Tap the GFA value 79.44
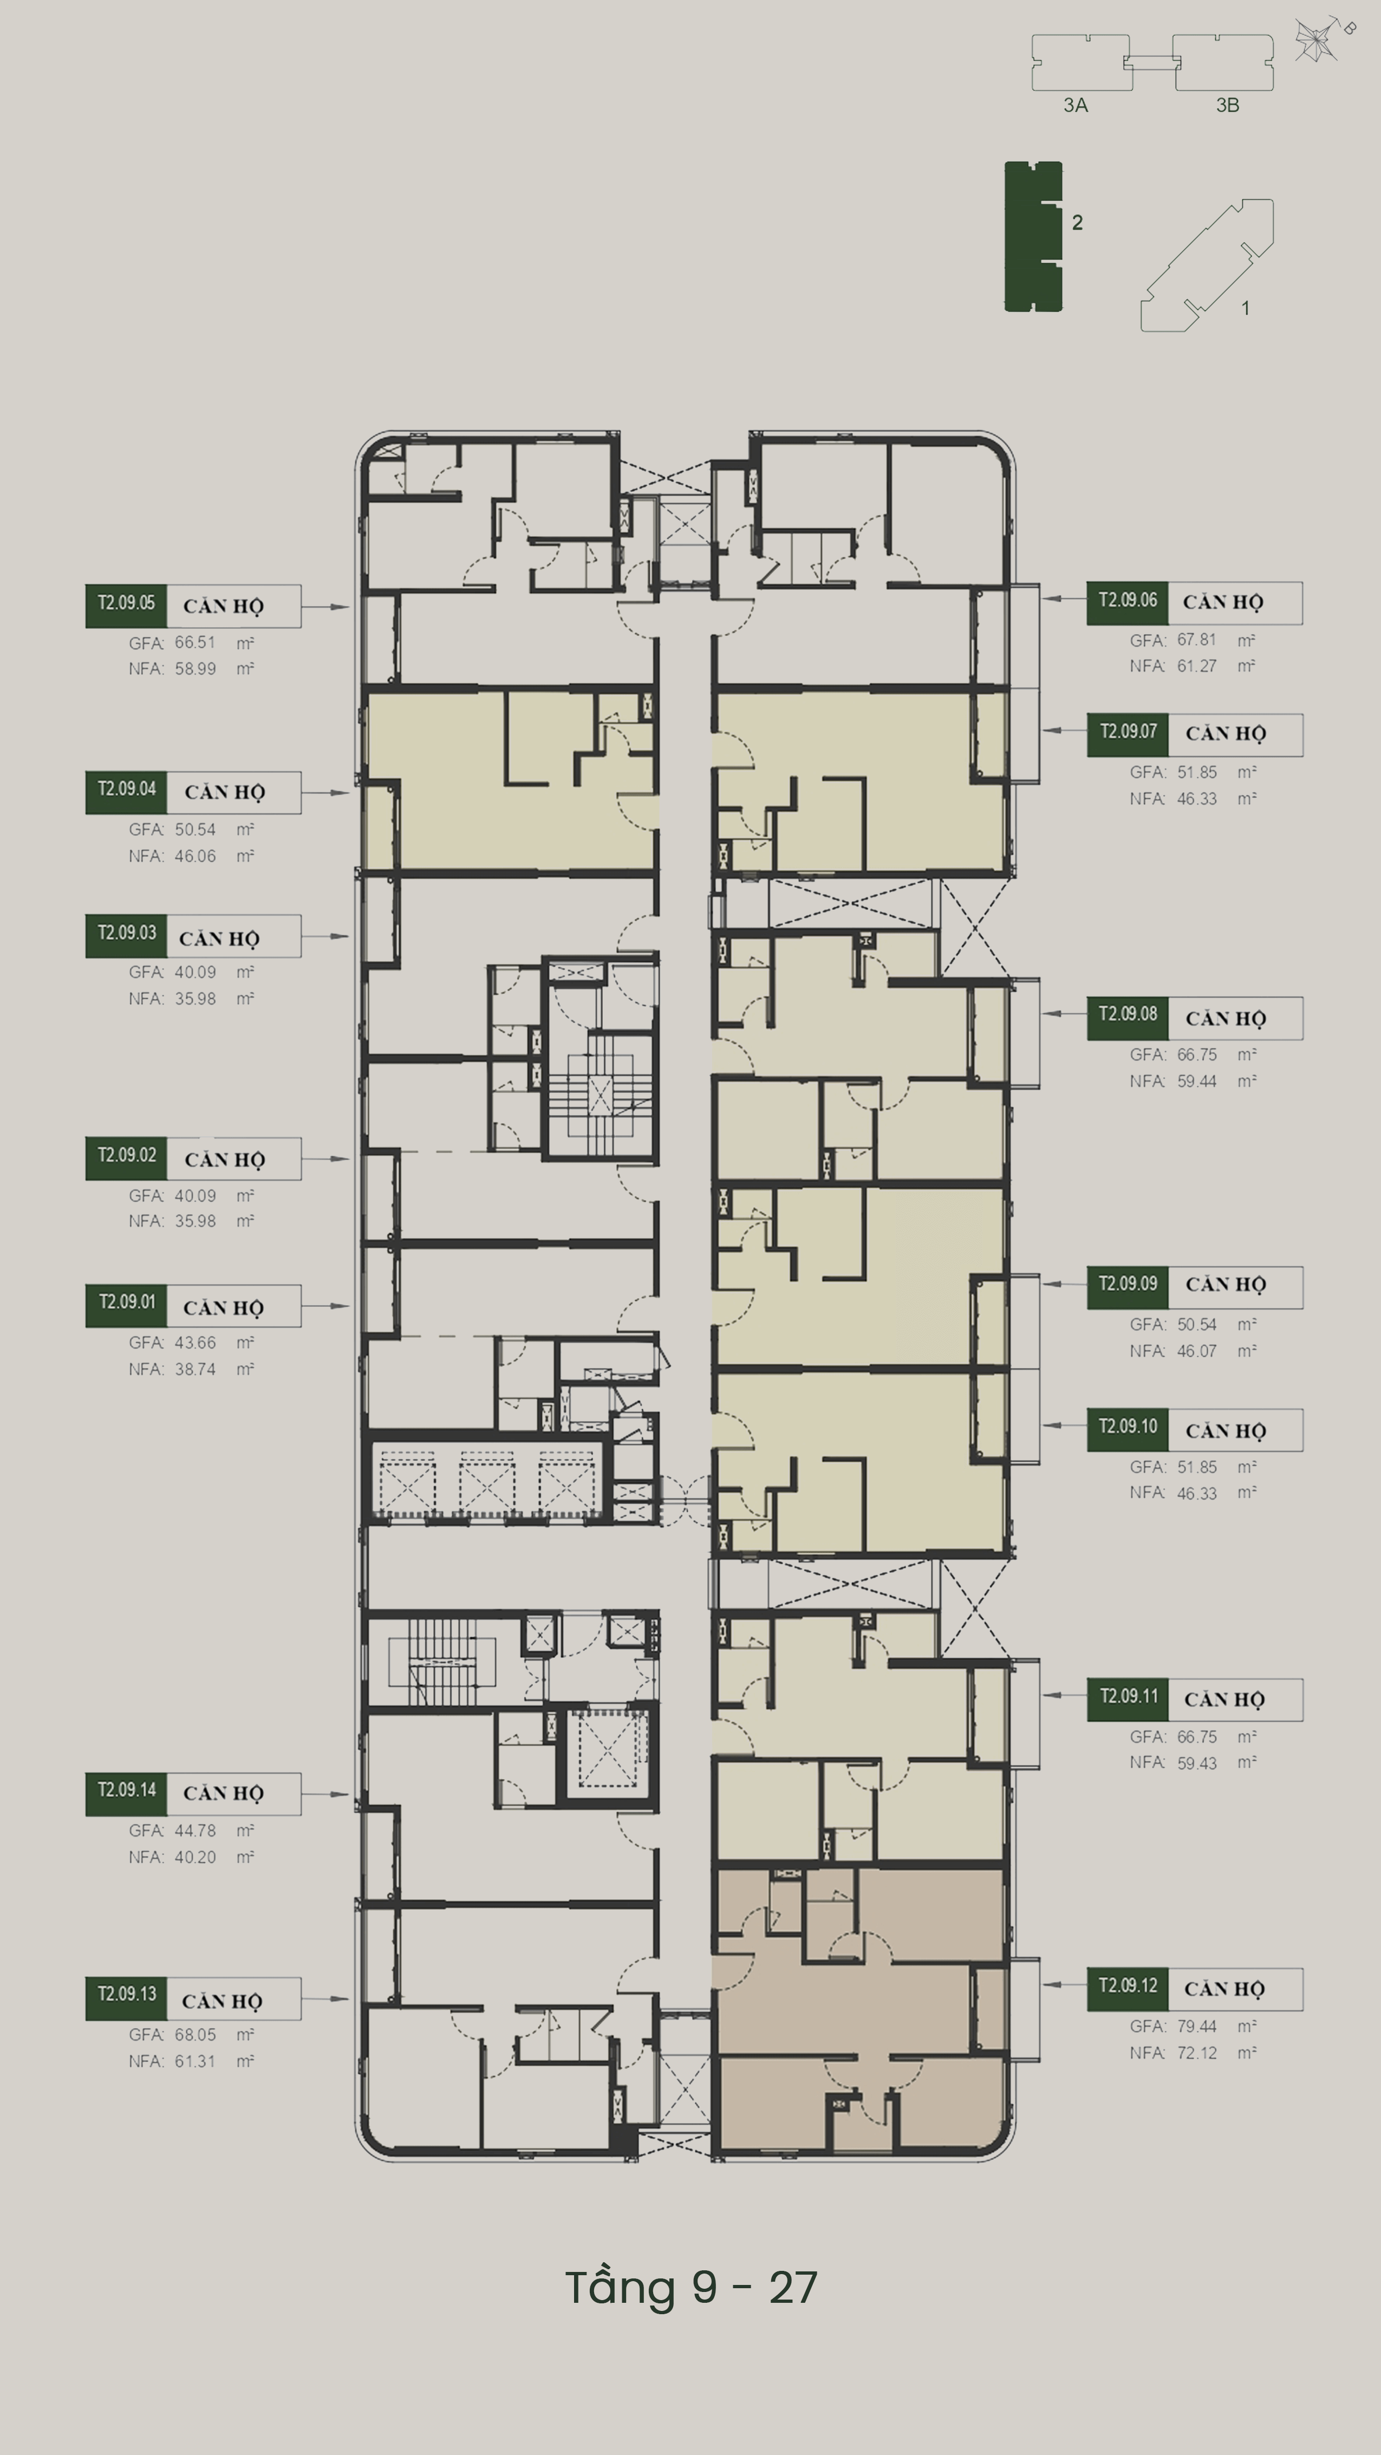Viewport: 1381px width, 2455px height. pos(1196,2026)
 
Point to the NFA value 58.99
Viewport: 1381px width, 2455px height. pos(196,669)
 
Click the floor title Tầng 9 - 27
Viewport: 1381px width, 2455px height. pos(691,2287)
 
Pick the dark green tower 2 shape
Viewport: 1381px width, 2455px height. pos(1033,236)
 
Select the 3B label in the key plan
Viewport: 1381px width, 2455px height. pos(1228,106)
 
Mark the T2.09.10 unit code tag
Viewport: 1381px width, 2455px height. pos(1128,1429)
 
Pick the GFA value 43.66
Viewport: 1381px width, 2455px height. pos(196,1343)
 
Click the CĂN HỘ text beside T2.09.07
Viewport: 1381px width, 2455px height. pos(1226,734)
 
